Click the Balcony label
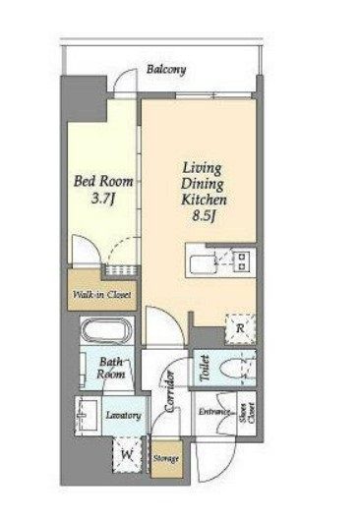coord(166,70)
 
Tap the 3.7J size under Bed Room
coord(103,199)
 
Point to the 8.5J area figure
coord(204,216)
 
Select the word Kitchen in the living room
coord(204,200)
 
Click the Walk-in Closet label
coord(102,295)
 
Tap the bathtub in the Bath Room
coord(103,331)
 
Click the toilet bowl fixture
coord(232,368)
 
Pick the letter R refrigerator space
coord(240,328)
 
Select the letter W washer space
coord(127,455)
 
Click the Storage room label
coord(166,459)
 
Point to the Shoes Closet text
coord(248,413)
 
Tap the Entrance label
coord(214,412)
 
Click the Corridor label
coord(169,391)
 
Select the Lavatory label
coord(123,415)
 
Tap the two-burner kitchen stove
coord(244,260)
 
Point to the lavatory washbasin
coord(87,415)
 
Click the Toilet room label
coord(205,368)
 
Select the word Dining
coord(202,184)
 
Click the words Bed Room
coord(103,182)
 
